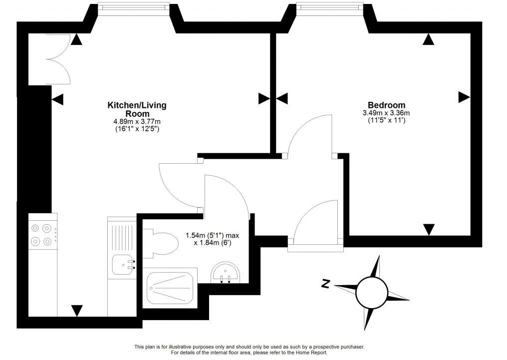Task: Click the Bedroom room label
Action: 386,105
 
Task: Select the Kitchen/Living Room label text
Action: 137,109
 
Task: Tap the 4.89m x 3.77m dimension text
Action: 137,121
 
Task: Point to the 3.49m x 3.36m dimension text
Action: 386,113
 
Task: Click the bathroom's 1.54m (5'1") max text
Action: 212,235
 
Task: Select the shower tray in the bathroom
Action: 170,289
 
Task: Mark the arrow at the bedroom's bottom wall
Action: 428,229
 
